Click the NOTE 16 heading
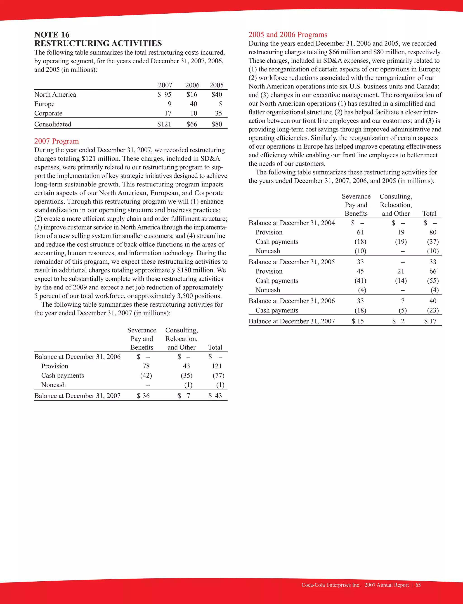click(52, 35)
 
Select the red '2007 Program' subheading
click(57, 141)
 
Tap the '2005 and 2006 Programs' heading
click(288, 35)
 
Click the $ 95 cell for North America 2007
click(165, 95)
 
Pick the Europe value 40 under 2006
click(194, 104)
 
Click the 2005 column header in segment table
click(216, 85)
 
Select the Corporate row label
click(48, 113)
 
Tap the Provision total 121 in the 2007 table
click(217, 366)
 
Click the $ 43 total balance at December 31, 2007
click(215, 396)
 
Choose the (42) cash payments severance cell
click(146, 375)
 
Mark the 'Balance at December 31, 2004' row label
click(292, 223)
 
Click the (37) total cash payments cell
click(433, 242)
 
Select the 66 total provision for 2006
click(433, 271)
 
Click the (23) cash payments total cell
click(433, 310)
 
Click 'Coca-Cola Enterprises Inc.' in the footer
click(331, 585)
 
